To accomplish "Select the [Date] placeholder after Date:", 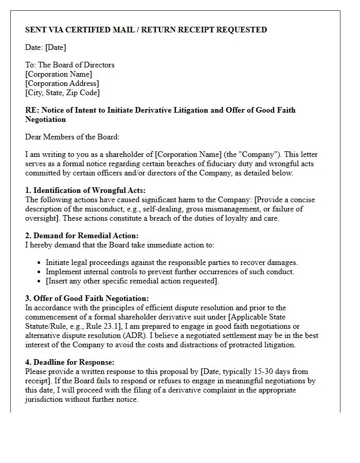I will click(56, 47).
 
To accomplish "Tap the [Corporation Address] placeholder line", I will click(62, 83).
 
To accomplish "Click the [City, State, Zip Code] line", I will click(62, 93).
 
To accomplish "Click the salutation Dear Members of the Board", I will click(72, 137).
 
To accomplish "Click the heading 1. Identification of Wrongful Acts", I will click(85, 190).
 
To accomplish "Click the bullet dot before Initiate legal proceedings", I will click(39, 263).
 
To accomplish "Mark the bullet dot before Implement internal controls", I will click(39, 272).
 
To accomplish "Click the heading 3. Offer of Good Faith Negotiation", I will click(87, 298).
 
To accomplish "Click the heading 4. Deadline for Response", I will click(70, 362).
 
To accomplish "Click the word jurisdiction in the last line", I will click(45, 399).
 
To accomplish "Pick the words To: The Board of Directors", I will click(70, 65).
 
